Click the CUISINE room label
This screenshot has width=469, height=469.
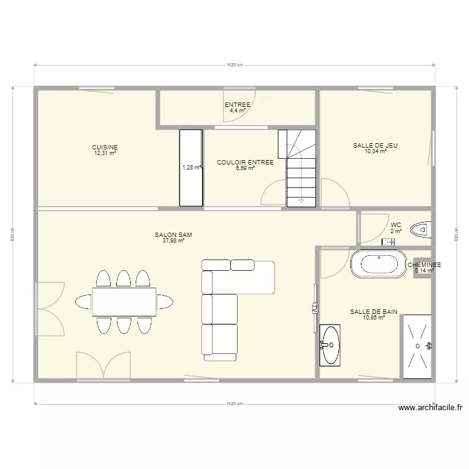(x=105, y=148)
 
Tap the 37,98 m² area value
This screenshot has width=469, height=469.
(x=173, y=241)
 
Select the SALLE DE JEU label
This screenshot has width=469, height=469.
(x=375, y=145)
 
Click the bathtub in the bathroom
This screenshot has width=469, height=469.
(x=377, y=263)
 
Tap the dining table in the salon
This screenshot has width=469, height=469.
(x=124, y=301)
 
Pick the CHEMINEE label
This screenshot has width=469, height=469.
(x=424, y=265)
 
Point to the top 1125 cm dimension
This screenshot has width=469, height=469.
(x=234, y=64)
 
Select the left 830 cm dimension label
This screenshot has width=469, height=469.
(x=13, y=235)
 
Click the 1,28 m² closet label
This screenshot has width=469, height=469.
(x=191, y=168)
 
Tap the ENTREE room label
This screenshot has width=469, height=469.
(x=238, y=104)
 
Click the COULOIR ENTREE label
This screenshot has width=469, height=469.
(x=245, y=163)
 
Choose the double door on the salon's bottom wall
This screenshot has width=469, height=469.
(x=104, y=366)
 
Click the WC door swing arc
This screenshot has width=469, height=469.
(x=374, y=228)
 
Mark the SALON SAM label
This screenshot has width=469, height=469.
(x=173, y=235)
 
